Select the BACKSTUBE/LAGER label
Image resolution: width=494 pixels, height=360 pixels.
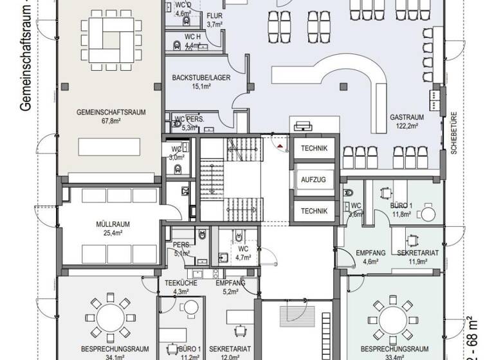201,78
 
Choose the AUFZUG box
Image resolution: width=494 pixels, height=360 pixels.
314,179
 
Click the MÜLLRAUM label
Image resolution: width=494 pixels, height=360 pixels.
113,224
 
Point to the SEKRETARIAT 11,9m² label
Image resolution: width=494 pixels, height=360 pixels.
417,253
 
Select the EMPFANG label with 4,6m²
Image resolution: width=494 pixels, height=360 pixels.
370,253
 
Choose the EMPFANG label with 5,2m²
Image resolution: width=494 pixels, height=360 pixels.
230,283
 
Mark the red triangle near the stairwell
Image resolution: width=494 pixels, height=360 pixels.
281,145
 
